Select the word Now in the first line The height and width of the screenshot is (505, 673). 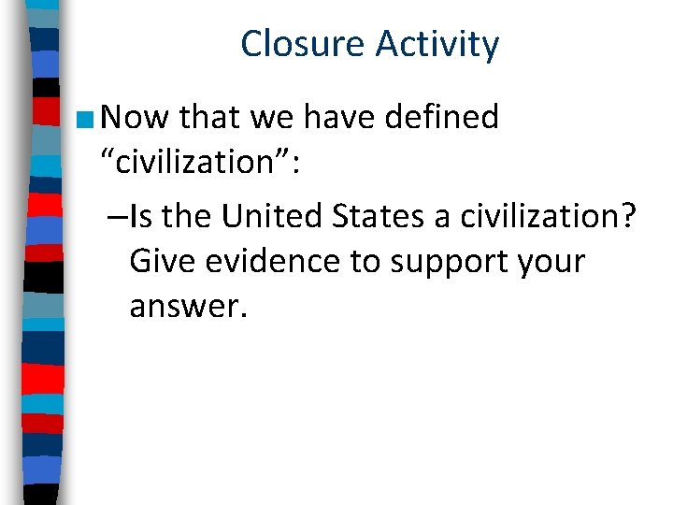coord(134,117)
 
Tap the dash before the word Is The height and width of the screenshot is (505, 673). coord(118,217)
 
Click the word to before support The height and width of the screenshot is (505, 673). coord(364,261)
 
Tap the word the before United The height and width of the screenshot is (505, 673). coord(190,216)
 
